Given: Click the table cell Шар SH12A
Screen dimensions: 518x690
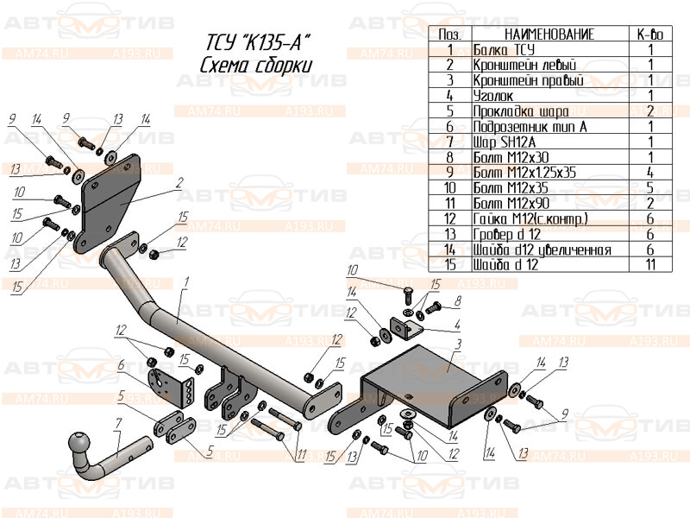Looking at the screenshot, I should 504,141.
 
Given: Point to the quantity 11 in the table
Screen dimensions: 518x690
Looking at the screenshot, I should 650,264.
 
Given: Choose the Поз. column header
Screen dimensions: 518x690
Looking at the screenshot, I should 449,35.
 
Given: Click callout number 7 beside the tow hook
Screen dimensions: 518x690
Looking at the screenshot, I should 117,423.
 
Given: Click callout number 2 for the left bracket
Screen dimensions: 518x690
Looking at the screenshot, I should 179,182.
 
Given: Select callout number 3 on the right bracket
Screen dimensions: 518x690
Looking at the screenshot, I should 459,344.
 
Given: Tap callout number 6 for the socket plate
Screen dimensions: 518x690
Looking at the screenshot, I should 122,364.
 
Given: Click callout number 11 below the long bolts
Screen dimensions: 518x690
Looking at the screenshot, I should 300,455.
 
